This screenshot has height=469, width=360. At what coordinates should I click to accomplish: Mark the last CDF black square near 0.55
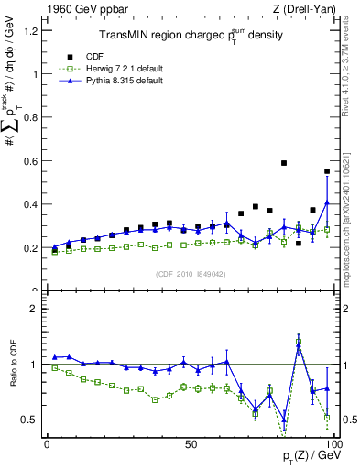point(327,171)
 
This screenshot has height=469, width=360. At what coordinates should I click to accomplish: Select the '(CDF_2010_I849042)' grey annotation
point(190,272)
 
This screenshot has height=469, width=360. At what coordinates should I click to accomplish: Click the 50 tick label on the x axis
point(191,443)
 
